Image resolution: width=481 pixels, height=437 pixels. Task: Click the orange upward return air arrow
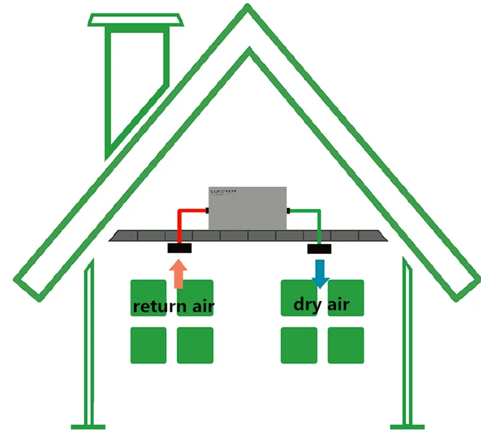tap(179, 274)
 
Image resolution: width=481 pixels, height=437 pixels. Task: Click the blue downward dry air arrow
tap(320, 273)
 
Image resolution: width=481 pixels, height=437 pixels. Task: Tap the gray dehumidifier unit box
tap(247, 208)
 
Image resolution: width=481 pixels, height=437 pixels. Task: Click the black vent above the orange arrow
tap(179, 247)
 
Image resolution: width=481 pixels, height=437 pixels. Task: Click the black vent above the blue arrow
tap(320, 248)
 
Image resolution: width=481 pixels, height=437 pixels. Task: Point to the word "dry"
tap(307, 303)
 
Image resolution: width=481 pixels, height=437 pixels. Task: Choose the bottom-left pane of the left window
tap(149, 345)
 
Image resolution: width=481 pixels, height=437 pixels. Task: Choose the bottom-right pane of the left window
tap(195, 345)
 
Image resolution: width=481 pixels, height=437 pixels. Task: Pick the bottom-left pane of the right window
tap(299, 345)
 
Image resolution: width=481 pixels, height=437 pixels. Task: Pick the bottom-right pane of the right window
tap(346, 345)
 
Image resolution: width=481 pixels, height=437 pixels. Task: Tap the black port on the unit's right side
tap(288, 210)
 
